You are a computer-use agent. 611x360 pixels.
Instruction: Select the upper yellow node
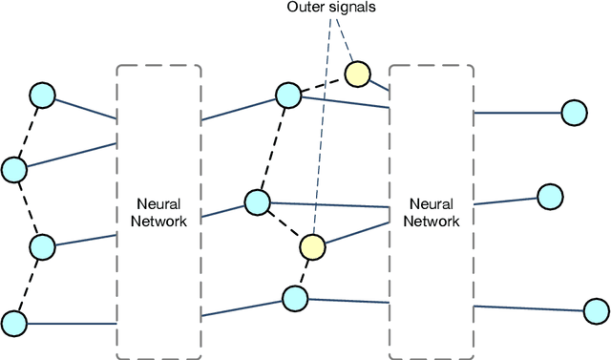(357, 73)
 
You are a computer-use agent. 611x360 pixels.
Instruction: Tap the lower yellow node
(312, 246)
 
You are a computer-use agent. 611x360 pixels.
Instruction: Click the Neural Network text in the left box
(158, 212)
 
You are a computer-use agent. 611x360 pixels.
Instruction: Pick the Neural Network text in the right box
(432, 212)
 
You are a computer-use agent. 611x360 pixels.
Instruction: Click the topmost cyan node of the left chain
(43, 95)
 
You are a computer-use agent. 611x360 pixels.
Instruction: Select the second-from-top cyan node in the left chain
(13, 170)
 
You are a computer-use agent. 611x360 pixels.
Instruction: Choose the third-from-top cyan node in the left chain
(43, 247)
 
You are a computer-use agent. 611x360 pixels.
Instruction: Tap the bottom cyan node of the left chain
(13, 322)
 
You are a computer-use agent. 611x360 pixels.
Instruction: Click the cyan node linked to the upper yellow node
(288, 95)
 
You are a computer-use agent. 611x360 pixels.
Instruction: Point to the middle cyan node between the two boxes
(257, 201)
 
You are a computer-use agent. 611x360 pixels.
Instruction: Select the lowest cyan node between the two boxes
(294, 299)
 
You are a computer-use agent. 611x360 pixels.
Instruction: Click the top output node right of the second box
(573, 113)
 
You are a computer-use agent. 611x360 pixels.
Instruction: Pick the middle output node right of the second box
(550, 197)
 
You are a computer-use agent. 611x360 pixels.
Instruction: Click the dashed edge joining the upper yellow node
(323, 83)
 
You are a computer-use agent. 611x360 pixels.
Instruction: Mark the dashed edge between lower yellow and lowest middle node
(303, 273)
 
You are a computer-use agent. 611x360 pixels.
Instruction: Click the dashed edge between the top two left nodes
(29, 132)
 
